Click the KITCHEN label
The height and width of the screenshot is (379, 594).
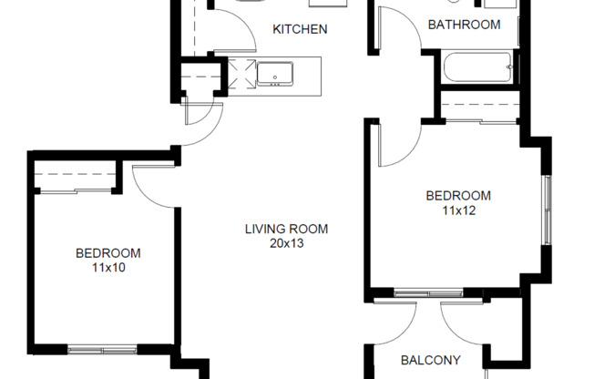coord(300,29)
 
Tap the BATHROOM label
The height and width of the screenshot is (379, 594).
coord(464,25)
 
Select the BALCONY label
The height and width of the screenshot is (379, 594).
coord(431,360)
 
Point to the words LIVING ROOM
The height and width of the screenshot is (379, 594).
coord(286,229)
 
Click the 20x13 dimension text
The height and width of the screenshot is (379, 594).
coord(286,243)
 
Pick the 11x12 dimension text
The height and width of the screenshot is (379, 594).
coord(458,210)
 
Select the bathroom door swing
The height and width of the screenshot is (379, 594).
coord(394,27)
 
